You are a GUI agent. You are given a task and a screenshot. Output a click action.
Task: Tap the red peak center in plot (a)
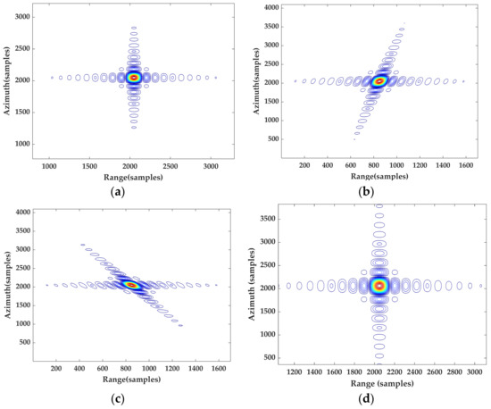[134, 78]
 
